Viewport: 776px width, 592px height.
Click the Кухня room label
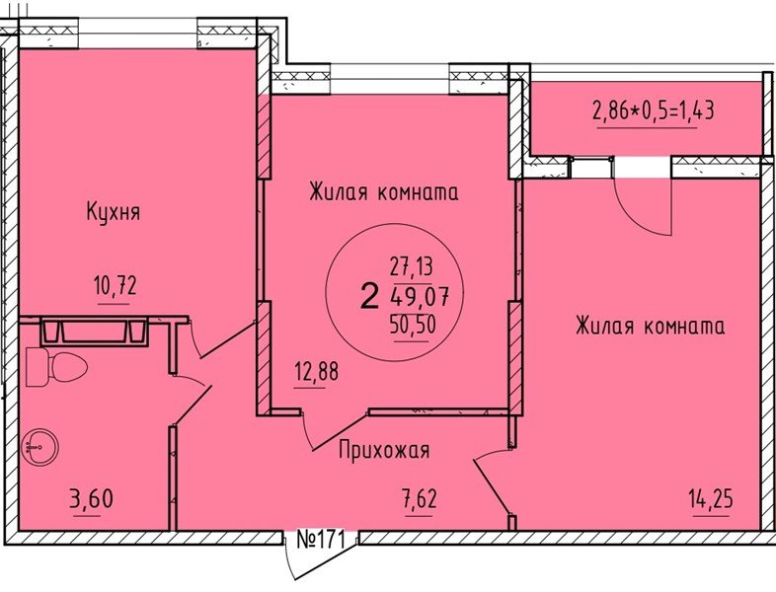pyautogui.click(x=114, y=211)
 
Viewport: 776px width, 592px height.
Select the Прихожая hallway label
pyautogui.click(x=384, y=451)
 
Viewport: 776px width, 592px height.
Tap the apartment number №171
pyautogui.click(x=319, y=540)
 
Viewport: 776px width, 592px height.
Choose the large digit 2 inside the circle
pyautogui.click(x=369, y=295)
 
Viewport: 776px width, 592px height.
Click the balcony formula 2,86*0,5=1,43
pyautogui.click(x=653, y=110)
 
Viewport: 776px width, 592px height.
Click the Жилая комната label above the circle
pyautogui.click(x=383, y=192)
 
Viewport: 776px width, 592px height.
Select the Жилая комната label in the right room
pyautogui.click(x=650, y=326)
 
